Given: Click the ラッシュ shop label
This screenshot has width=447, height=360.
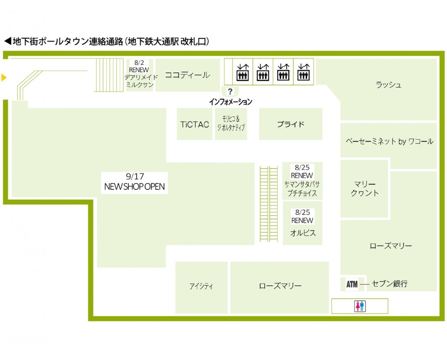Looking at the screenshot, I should (x=388, y=85).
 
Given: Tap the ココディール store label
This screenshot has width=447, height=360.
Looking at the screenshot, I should (x=187, y=75).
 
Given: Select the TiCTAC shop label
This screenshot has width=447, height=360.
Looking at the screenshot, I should (x=194, y=125).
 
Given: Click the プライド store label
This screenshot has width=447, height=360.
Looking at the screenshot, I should (x=291, y=124).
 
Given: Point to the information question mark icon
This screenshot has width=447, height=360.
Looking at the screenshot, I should (x=230, y=92).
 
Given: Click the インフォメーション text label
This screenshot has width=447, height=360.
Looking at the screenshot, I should (x=230, y=102).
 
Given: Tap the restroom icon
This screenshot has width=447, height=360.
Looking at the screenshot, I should (x=360, y=306).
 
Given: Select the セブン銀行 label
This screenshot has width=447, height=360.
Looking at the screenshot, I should (x=390, y=284).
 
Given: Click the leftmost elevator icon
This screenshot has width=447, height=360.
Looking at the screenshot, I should (x=243, y=72).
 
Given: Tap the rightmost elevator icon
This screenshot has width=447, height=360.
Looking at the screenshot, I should (x=304, y=72).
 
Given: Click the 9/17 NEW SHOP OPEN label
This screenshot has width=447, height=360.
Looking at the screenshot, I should (x=134, y=182).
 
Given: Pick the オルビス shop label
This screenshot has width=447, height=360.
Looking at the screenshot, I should (x=303, y=233).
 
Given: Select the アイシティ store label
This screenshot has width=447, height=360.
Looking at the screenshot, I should (x=201, y=286).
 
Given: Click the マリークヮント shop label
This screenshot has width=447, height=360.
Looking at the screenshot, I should (x=365, y=188).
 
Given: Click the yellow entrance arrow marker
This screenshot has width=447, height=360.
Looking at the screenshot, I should (x=4, y=78).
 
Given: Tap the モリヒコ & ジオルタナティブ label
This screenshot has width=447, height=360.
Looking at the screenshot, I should (x=231, y=123).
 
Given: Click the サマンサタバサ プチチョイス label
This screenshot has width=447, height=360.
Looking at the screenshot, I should (x=303, y=188).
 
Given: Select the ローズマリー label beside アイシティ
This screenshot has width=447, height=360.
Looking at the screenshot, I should (x=280, y=286).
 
